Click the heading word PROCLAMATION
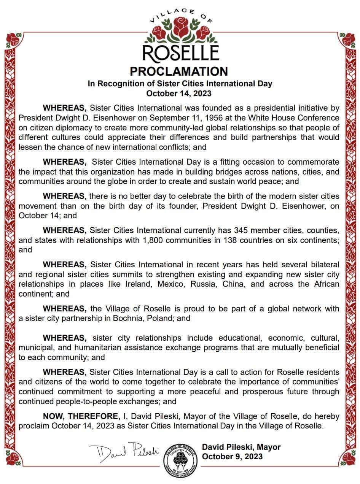point(179,71)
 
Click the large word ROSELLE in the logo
point(181,52)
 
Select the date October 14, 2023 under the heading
point(179,93)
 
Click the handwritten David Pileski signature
point(124,453)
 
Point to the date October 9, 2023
point(232,456)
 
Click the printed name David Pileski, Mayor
point(241,447)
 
